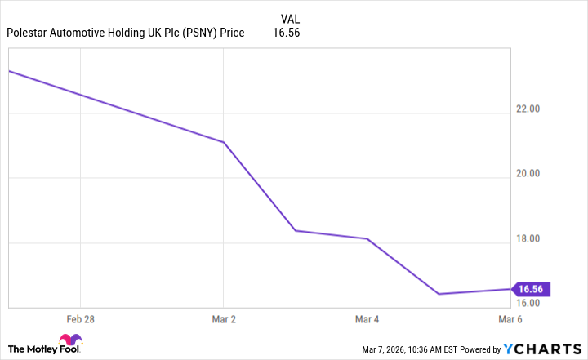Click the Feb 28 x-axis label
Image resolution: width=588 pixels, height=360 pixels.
[80, 319]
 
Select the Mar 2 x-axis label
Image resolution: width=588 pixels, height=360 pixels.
[224, 319]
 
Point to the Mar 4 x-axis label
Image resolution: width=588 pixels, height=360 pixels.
[367, 319]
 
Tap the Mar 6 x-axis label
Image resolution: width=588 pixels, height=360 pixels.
[510, 319]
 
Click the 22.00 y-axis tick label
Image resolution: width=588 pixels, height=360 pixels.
[531, 109]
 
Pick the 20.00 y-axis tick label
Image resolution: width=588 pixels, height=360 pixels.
[531, 173]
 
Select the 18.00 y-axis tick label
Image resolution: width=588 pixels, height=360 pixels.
[531, 238]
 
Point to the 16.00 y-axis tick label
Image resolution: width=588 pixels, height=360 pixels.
[531, 303]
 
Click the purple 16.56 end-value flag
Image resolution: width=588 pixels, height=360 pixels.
[530, 289]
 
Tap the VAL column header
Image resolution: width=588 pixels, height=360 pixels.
[290, 19]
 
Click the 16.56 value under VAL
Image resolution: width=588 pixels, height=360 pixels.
[290, 33]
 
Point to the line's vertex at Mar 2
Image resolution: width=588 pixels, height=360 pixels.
[224, 142]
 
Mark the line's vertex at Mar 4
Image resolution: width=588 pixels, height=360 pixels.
[367, 238]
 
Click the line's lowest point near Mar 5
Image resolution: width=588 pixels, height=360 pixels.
[439, 294]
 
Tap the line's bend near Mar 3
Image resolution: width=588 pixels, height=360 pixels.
[296, 231]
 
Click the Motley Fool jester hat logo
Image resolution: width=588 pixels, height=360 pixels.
[70, 341]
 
